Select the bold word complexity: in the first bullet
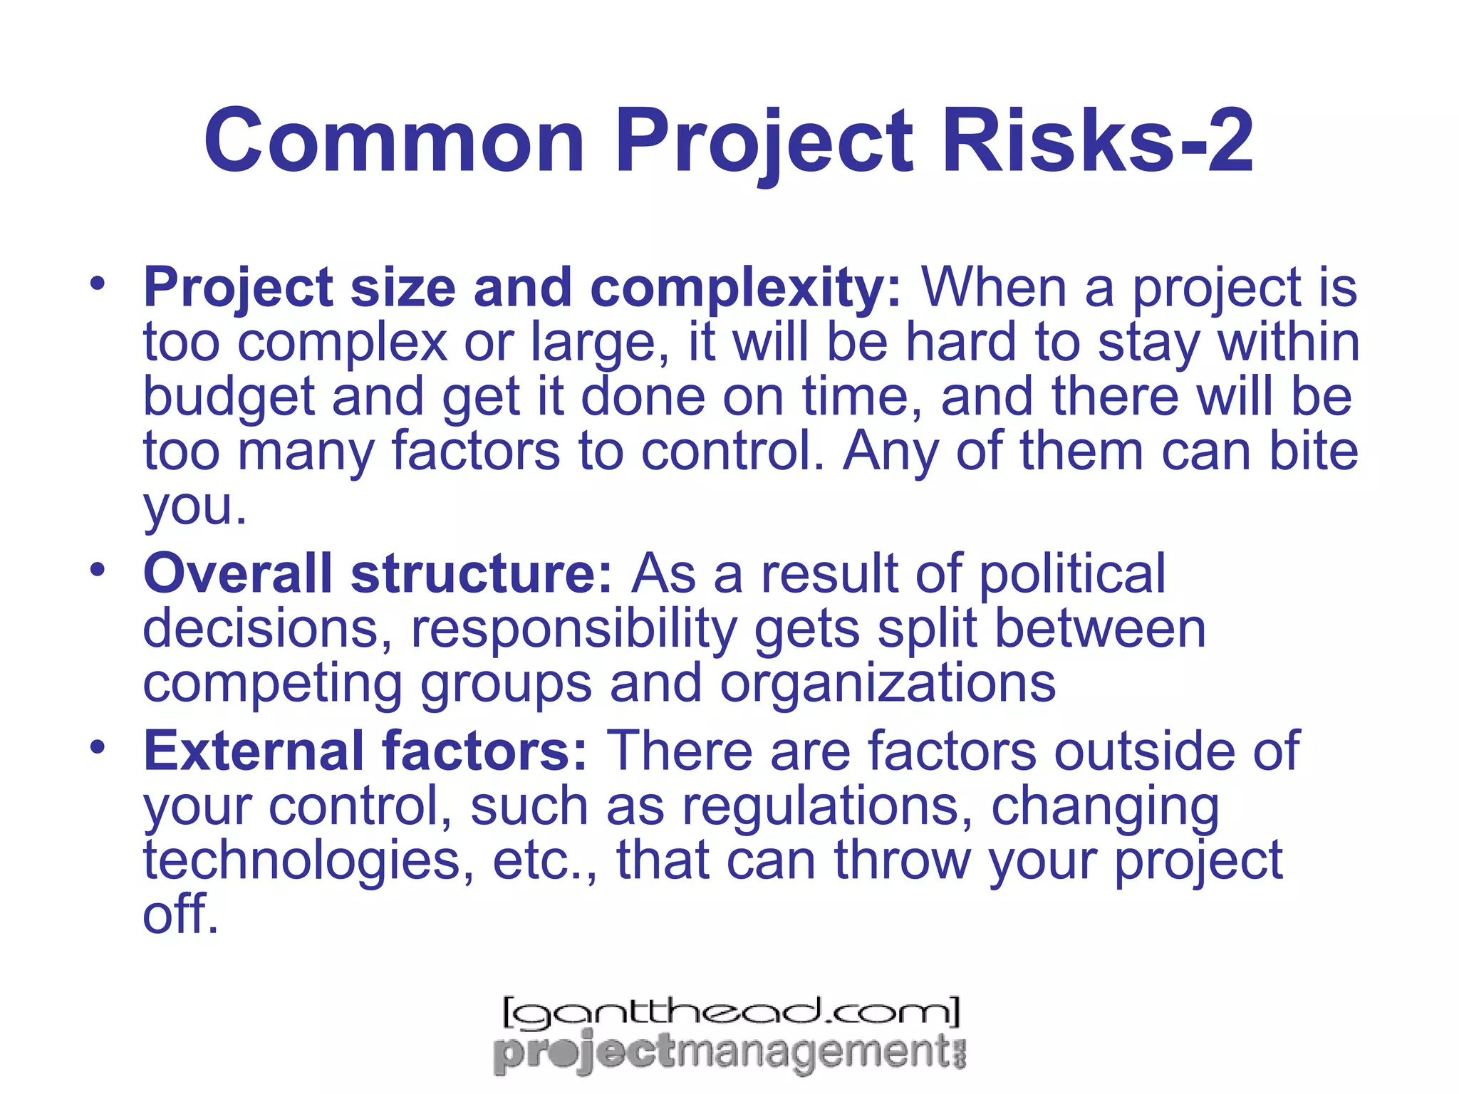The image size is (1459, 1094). coord(745,288)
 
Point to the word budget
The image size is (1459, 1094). coord(228,398)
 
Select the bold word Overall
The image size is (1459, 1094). coord(238,574)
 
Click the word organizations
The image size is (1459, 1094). coord(887,684)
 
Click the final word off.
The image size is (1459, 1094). coord(180,915)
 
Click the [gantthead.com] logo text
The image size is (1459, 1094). coord(731,1011)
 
